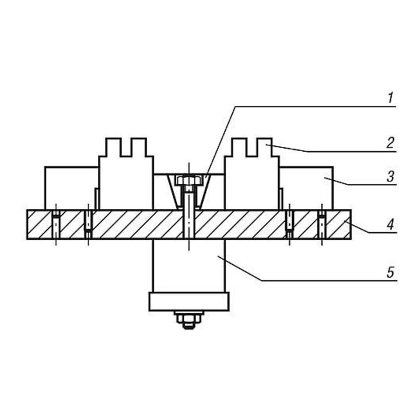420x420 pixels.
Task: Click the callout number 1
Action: pyautogui.click(x=391, y=98)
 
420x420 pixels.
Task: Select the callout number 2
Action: pyautogui.click(x=391, y=143)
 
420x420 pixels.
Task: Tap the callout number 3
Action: pyautogui.click(x=391, y=177)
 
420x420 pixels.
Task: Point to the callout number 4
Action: pyautogui.click(x=391, y=224)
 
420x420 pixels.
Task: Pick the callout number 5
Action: pyautogui.click(x=391, y=272)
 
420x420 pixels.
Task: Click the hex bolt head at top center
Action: pyautogui.click(x=188, y=180)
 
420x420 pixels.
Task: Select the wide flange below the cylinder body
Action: pyautogui.click(x=189, y=302)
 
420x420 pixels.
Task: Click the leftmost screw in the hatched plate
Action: pyautogui.click(x=56, y=224)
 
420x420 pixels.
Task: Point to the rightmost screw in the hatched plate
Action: pyautogui.click(x=321, y=224)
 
